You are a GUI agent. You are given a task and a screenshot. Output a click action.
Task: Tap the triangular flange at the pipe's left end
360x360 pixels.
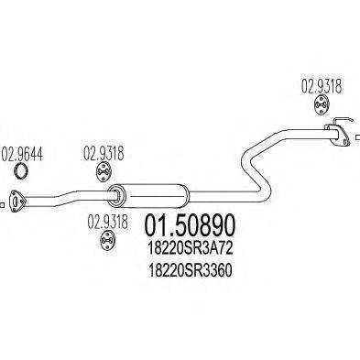[x=17, y=195]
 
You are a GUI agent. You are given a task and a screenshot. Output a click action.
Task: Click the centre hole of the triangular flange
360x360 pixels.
[x=17, y=195]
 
